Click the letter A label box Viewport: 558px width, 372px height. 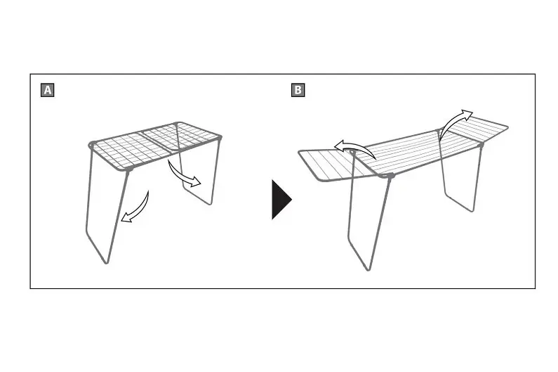click(47, 90)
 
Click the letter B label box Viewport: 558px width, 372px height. click(298, 90)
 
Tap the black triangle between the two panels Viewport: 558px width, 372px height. click(281, 200)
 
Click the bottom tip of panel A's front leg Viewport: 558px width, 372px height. click(107, 262)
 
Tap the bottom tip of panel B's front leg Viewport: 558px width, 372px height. click(368, 269)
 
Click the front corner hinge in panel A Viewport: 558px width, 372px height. click(129, 168)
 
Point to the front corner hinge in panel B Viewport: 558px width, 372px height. click(390, 176)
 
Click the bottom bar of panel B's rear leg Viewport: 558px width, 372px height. click(459, 203)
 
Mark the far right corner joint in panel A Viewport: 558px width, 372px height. click(219, 137)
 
